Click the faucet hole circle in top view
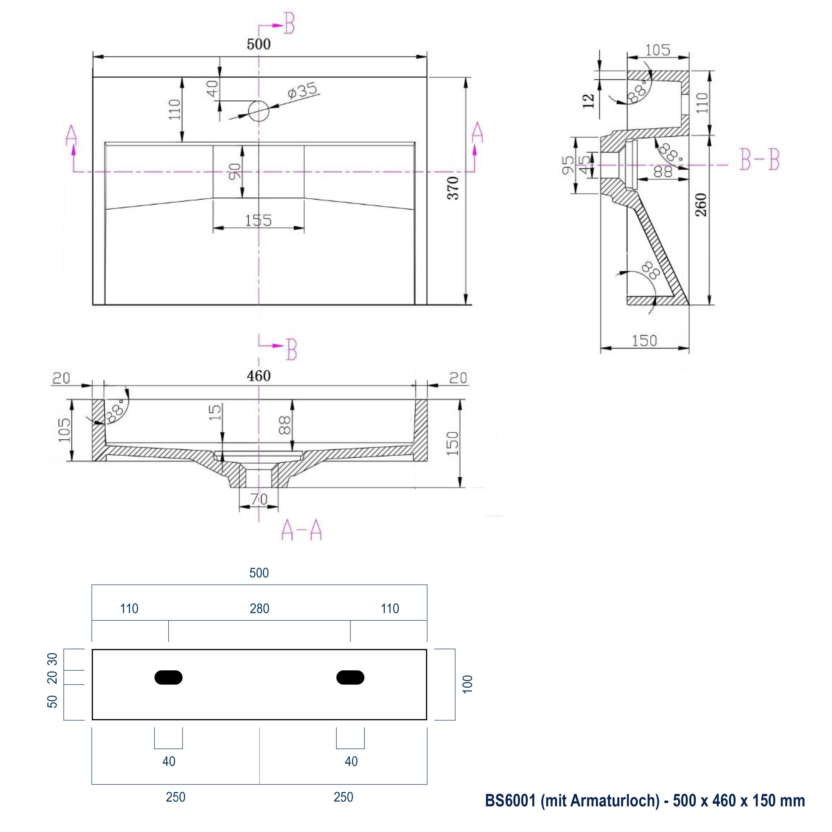[258, 111]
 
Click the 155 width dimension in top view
[258, 220]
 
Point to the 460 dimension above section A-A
[258, 376]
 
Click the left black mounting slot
[168, 678]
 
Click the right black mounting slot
[350, 678]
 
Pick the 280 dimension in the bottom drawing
[259, 608]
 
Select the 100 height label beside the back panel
[467, 684]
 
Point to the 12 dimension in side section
[588, 101]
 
